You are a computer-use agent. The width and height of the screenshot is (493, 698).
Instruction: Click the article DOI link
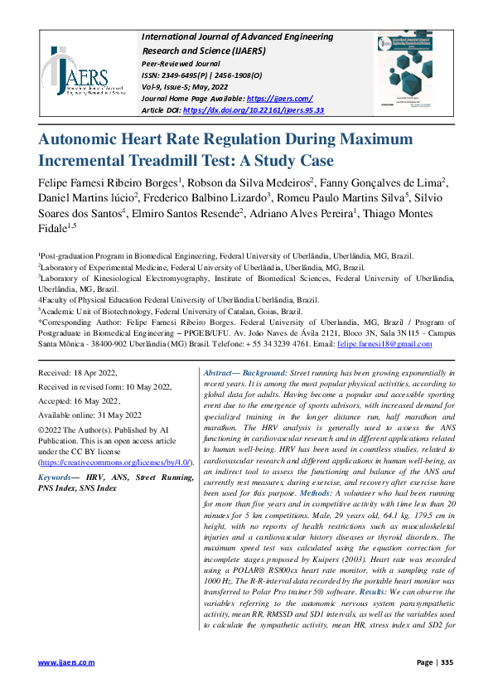click(254, 109)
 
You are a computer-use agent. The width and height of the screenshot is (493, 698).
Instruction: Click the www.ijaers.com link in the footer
click(67, 662)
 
